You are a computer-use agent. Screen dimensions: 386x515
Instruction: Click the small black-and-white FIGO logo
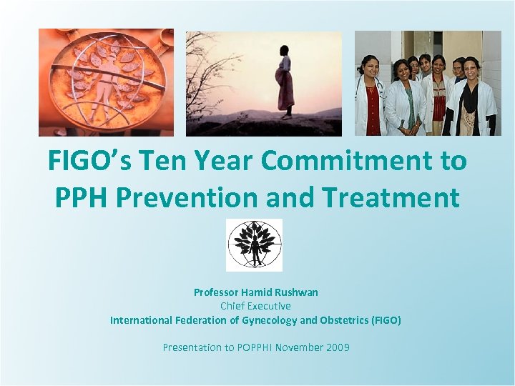pos(254,245)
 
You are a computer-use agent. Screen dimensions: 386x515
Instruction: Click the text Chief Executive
pos(255,306)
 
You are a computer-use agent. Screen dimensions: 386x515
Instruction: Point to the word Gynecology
pos(268,320)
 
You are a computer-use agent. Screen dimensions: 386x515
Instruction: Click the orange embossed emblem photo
pos(106,82)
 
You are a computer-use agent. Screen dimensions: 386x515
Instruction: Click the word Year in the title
pos(223,162)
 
